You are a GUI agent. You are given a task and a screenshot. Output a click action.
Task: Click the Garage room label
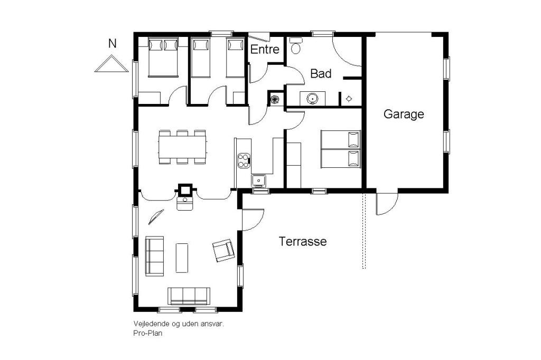pyautogui.click(x=403, y=114)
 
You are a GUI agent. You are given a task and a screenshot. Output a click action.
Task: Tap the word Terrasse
pyautogui.click(x=303, y=241)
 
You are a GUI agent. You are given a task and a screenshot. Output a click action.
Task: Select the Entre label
pyautogui.click(x=265, y=50)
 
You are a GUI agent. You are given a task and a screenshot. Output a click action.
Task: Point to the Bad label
pyautogui.click(x=321, y=73)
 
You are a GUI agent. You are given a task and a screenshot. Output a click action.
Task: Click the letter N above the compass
pyautogui.click(x=112, y=44)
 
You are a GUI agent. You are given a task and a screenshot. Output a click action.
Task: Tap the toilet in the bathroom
pyautogui.click(x=295, y=46)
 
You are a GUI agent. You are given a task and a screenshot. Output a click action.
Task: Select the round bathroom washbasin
pyautogui.click(x=312, y=98)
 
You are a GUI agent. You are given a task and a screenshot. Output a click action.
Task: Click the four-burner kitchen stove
pyautogui.click(x=244, y=160)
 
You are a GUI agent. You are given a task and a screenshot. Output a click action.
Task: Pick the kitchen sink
pyautogui.click(x=258, y=180)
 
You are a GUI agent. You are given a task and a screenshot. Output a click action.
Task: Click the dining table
pyautogui.click(x=182, y=147)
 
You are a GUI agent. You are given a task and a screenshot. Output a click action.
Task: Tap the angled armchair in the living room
pyautogui.click(x=223, y=250)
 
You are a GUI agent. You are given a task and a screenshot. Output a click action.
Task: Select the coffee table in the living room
pyautogui.click(x=182, y=258)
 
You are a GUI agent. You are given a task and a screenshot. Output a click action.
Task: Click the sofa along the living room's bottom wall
pyautogui.click(x=189, y=296)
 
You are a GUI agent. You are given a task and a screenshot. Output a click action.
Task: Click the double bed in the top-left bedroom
pyautogui.click(x=163, y=57)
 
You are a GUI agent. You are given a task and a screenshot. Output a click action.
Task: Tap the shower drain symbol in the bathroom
pyautogui.click(x=349, y=99)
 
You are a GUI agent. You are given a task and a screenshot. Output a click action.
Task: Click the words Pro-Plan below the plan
pyautogui.click(x=148, y=334)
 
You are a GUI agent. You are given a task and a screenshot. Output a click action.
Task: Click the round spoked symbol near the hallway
pyautogui.click(x=275, y=99)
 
